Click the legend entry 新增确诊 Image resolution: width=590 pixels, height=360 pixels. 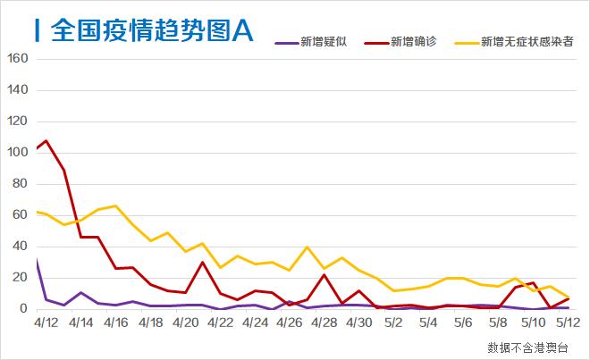click(x=413, y=42)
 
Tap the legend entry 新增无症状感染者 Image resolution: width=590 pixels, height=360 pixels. click(x=527, y=42)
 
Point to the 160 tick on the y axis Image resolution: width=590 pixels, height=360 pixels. click(x=18, y=59)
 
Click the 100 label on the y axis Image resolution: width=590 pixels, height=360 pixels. click(x=18, y=153)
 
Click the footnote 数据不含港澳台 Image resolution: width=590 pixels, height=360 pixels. click(x=527, y=347)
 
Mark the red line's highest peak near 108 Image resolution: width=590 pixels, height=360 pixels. click(x=46, y=140)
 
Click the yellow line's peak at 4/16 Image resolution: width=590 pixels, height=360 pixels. click(x=115, y=205)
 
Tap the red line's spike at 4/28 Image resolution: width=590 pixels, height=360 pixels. click(x=324, y=275)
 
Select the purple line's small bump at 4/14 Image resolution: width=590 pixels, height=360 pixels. click(x=80, y=292)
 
